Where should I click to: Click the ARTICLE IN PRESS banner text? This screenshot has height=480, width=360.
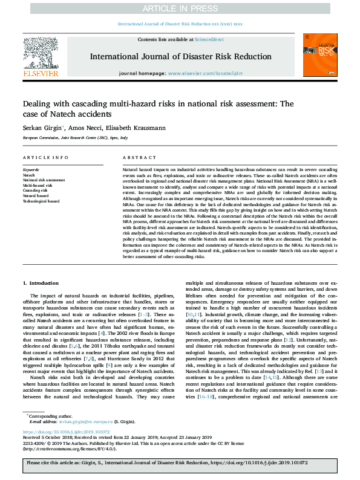click(x=180, y=8)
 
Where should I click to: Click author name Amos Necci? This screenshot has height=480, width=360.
click(x=83, y=128)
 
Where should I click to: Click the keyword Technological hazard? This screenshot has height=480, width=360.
click(x=41, y=201)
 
